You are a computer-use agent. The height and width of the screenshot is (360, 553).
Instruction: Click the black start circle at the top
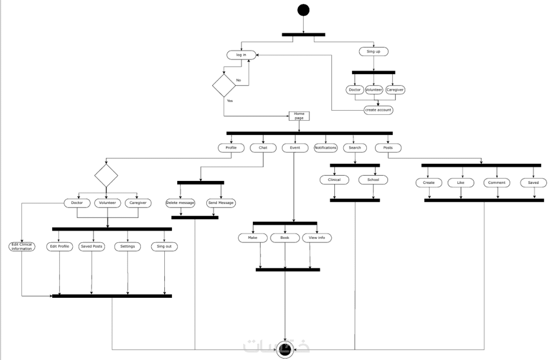pos(304,10)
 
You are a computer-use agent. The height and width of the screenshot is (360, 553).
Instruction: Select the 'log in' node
pos(241,55)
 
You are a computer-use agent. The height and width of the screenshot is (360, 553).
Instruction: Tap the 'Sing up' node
pos(373,51)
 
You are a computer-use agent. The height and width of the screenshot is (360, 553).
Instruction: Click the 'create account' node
pos(378,110)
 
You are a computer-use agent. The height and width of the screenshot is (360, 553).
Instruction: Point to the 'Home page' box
pos(299,116)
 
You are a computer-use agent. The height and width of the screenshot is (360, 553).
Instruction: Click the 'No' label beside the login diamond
pos(238,80)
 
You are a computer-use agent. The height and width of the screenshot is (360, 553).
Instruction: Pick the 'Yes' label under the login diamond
pos(230,101)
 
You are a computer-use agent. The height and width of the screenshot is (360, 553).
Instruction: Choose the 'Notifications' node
pos(326,148)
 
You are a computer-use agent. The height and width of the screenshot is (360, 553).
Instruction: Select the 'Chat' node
pos(263,148)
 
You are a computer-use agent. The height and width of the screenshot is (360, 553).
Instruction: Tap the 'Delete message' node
pos(180,203)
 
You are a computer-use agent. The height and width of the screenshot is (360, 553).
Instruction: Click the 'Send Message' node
pos(221,203)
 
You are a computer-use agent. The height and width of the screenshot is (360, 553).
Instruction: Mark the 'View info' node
pos(317,237)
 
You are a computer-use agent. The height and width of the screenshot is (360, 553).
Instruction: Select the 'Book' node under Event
pos(285,237)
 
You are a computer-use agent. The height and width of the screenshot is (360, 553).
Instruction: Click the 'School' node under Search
pos(373,180)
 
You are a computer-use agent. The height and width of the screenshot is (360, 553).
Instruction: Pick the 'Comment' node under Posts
pos(497,182)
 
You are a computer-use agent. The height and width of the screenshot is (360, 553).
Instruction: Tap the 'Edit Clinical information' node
pos(22,247)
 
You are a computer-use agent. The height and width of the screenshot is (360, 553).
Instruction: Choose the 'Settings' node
pos(127,247)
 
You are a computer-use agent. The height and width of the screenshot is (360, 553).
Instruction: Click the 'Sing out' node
pos(164,247)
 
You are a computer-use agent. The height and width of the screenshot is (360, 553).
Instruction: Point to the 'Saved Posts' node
pos(91,247)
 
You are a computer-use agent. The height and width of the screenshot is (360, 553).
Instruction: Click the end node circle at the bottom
pos(285,351)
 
